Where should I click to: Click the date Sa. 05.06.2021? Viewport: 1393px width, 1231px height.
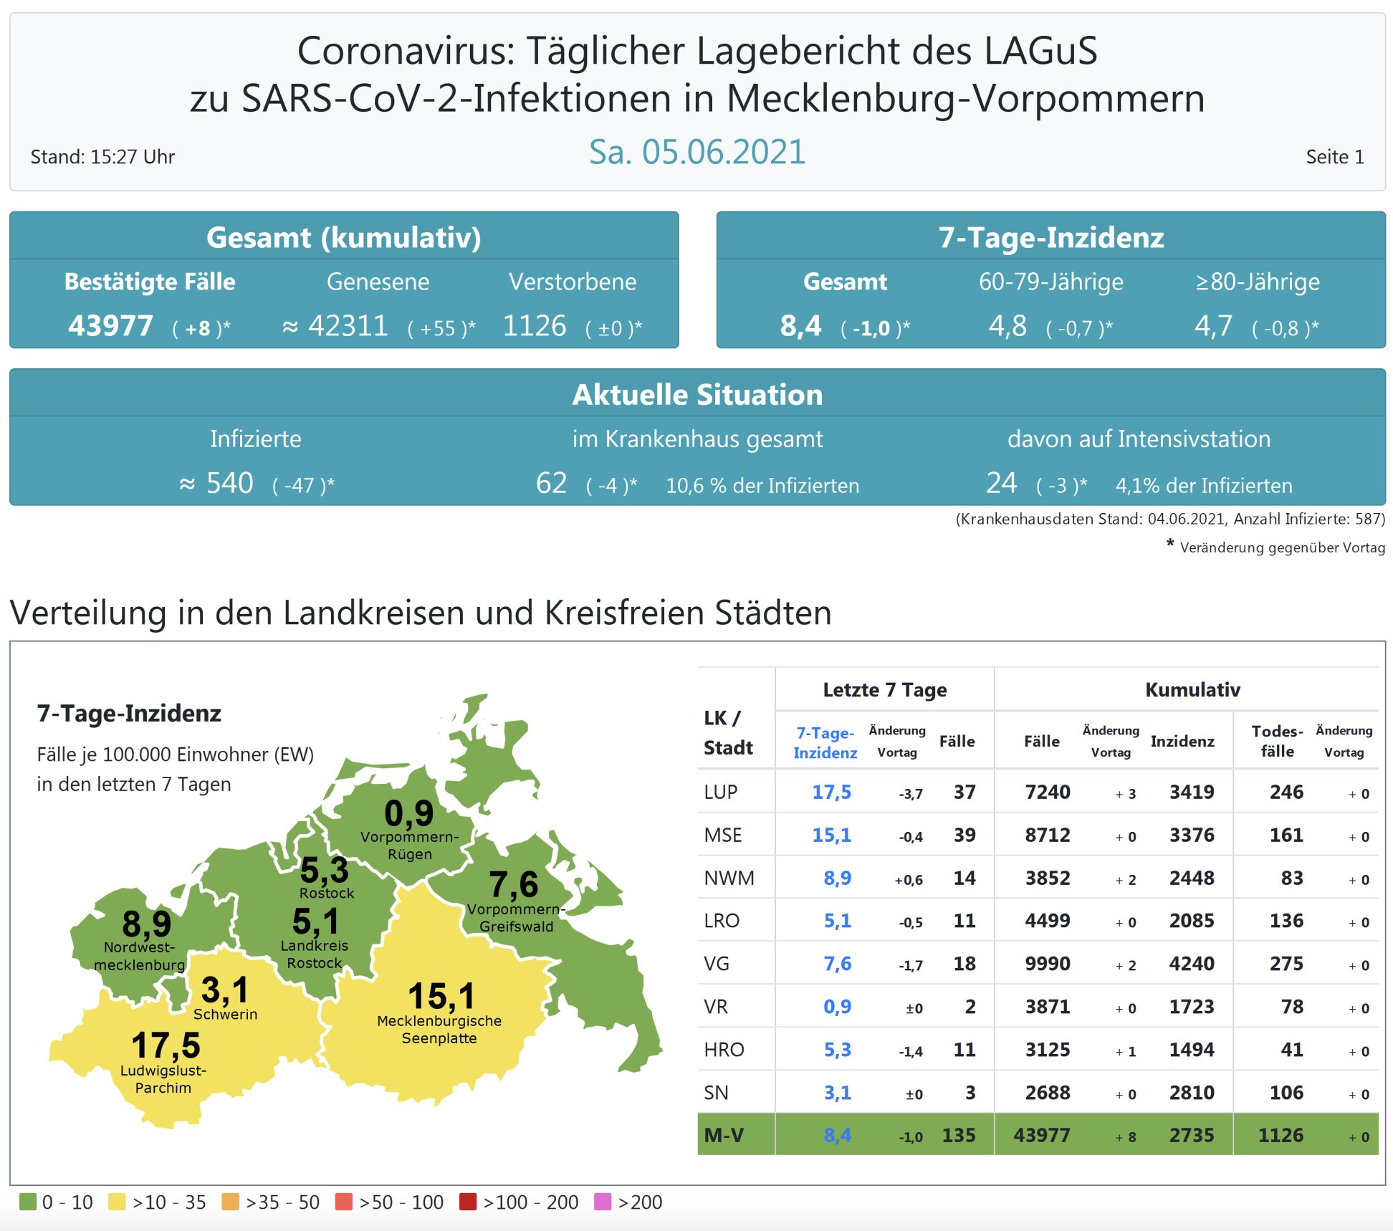696,152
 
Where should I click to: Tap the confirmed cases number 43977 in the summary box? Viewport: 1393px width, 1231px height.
110,326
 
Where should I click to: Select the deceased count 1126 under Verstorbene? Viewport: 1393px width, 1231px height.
535,326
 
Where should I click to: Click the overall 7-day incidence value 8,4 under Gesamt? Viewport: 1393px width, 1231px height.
800,326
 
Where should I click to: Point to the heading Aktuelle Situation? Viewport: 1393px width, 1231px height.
696,395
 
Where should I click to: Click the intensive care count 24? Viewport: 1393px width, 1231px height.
1001,483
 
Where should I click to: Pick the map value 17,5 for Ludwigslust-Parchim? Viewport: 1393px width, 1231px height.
166,1045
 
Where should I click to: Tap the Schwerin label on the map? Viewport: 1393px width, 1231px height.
225,1015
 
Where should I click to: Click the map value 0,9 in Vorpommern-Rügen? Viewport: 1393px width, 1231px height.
408,813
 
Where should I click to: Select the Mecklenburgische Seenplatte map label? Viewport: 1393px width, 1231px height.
439,1030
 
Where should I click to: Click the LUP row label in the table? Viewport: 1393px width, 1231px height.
721,792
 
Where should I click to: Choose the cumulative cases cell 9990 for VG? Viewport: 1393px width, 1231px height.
1047,964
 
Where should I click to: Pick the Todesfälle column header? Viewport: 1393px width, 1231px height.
1277,741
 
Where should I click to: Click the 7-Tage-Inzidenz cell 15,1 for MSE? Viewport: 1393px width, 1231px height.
831,835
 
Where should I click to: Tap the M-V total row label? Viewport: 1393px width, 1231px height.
724,1135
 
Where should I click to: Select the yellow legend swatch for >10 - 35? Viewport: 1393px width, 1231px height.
117,1202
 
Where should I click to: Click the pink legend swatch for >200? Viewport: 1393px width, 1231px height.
603,1202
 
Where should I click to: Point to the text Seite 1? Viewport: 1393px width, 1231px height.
1334,157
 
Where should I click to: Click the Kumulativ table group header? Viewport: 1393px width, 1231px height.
1192,689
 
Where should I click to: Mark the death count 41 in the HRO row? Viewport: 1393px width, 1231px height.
1291,1050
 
